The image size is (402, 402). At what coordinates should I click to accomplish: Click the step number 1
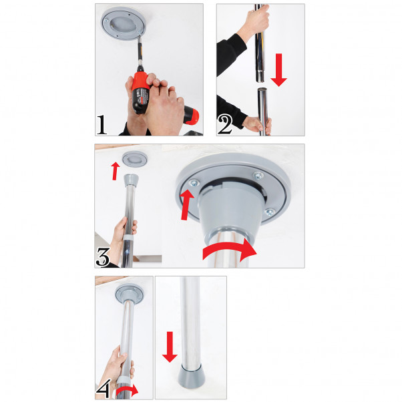[x=102, y=124]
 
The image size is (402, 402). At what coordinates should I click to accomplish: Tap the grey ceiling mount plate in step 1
[x=126, y=25]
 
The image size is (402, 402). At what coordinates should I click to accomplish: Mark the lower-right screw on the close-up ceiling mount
[x=268, y=212]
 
